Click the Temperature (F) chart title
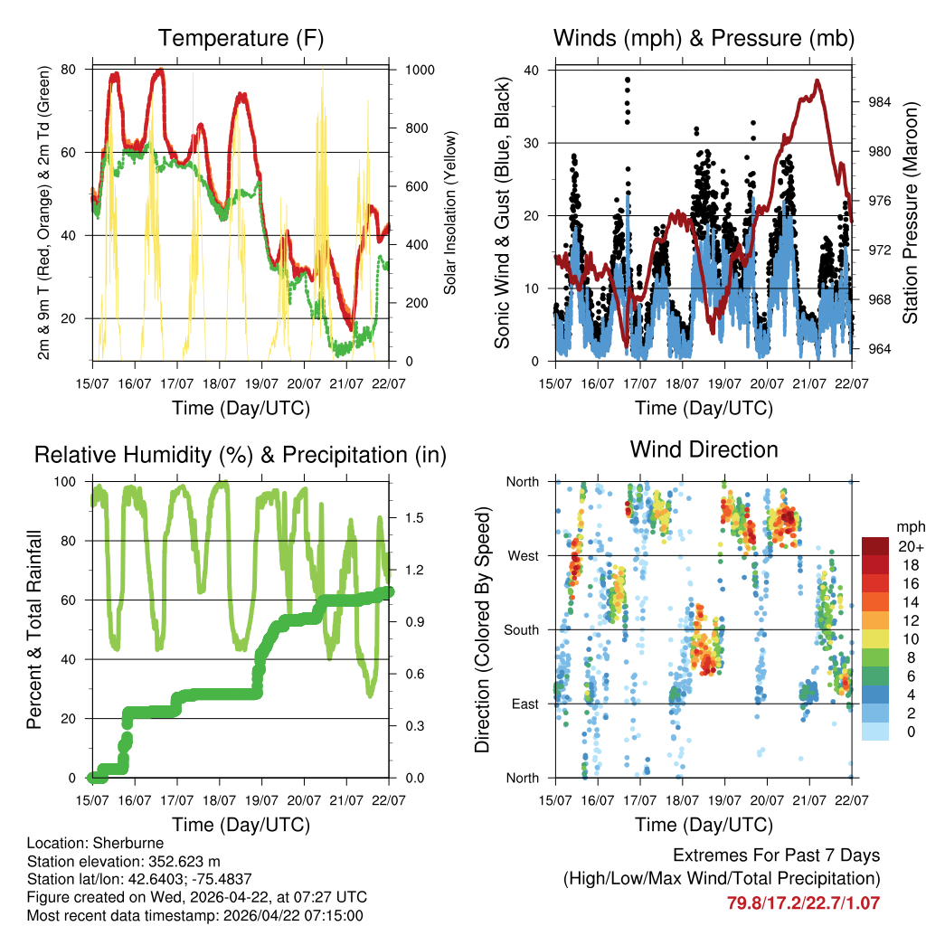pyautogui.click(x=241, y=38)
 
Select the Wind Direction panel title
pyautogui.click(x=704, y=449)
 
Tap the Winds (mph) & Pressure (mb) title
pyautogui.click(x=704, y=38)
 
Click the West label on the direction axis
pyautogui.click(x=524, y=555)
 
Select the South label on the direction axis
pyautogui.click(x=522, y=629)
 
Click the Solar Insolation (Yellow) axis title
pyautogui.click(x=449, y=213)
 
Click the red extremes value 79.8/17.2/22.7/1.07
pyautogui.click(x=803, y=902)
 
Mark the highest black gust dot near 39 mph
pyautogui.click(x=627, y=80)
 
